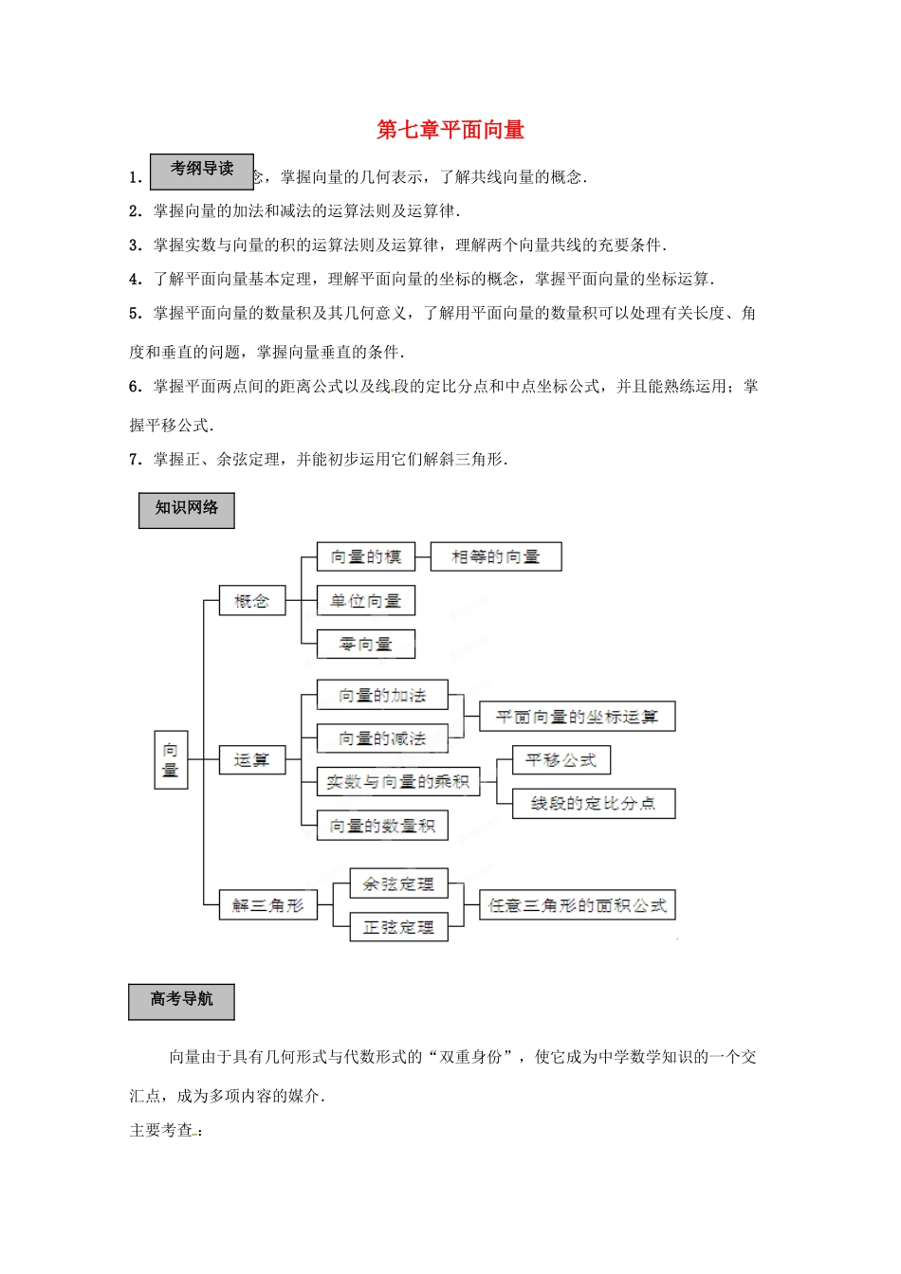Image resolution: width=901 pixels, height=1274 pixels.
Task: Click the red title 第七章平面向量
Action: [x=450, y=130]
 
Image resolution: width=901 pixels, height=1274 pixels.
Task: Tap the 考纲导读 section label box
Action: [x=201, y=170]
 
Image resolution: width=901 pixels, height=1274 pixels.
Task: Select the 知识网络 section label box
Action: [x=187, y=509]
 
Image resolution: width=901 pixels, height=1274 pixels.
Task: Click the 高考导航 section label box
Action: [x=181, y=1000]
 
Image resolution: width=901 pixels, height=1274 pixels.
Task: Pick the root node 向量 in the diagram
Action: [x=171, y=759]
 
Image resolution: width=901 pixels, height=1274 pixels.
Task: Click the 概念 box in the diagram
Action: [x=252, y=601]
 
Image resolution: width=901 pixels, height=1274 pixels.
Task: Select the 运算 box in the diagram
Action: [x=252, y=760]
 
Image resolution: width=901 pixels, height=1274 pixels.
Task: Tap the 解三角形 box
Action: [x=268, y=905]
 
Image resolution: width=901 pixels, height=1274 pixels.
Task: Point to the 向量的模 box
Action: [x=365, y=557]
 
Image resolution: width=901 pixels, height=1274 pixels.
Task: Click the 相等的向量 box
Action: [x=495, y=557]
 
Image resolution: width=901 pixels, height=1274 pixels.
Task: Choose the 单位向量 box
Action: [x=365, y=601]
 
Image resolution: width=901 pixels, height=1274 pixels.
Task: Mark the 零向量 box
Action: [x=365, y=645]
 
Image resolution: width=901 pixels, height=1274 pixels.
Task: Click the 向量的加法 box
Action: [x=382, y=696]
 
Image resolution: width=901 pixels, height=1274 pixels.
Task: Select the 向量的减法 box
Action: [x=382, y=738]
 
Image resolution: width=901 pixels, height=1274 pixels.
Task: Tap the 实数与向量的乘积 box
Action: [x=398, y=782]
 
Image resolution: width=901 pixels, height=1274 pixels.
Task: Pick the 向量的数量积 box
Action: [x=382, y=826]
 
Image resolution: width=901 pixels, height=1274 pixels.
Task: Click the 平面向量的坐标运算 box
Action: [x=577, y=717]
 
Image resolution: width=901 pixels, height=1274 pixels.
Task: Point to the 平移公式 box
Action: [x=561, y=760]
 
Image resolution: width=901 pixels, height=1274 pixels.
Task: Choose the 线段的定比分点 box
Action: [x=593, y=804]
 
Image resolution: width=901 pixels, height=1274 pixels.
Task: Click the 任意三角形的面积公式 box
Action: [x=577, y=905]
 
